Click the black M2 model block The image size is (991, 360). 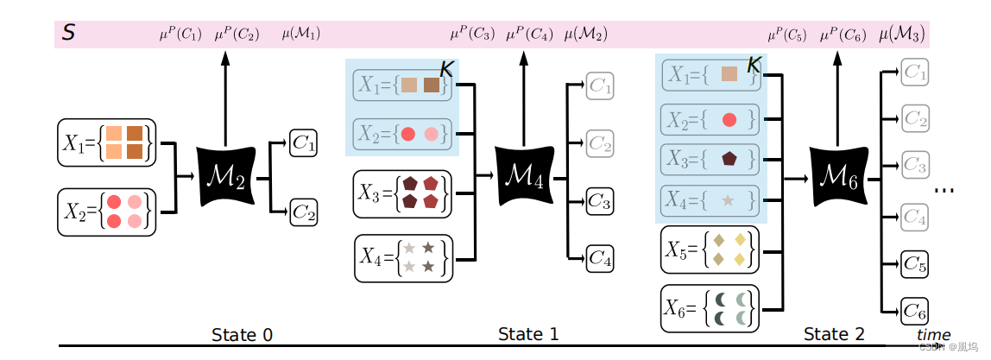click(x=225, y=176)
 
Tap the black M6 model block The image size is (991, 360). click(x=837, y=179)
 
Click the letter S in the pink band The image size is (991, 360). click(x=67, y=34)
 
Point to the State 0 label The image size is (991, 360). click(x=245, y=334)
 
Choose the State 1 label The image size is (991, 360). click(x=528, y=333)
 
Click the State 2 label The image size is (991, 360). click(x=834, y=333)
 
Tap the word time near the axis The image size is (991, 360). click(x=933, y=334)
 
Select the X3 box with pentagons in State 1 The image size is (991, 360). click(x=402, y=194)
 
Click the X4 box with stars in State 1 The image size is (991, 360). click(x=403, y=257)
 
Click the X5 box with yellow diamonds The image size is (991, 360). click(x=709, y=249)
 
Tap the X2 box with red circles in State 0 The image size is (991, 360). click(x=106, y=212)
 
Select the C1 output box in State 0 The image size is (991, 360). click(x=303, y=142)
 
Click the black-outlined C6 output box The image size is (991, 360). click(x=914, y=310)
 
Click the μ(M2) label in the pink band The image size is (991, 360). click(x=585, y=35)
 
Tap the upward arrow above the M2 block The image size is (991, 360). click(x=225, y=95)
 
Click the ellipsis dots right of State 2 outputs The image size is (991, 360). click(x=944, y=190)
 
